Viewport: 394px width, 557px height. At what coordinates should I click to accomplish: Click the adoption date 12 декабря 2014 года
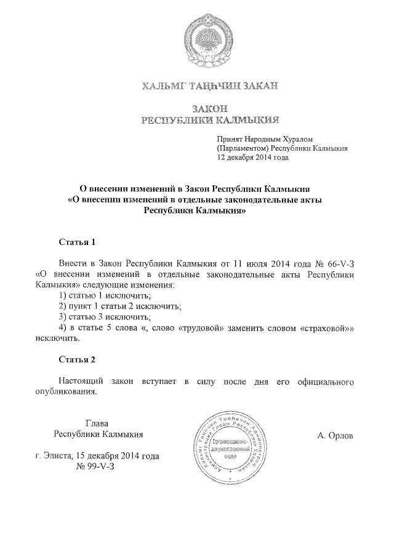[x=252, y=157]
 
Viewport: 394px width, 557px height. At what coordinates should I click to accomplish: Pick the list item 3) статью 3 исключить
[x=104, y=316]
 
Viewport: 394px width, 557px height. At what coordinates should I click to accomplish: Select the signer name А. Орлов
[x=335, y=436]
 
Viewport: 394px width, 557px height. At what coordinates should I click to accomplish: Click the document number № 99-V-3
[x=98, y=467]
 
